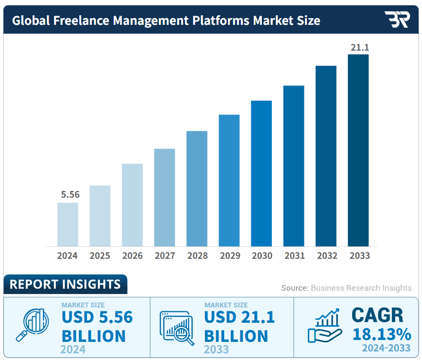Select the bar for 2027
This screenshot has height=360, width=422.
pos(164,197)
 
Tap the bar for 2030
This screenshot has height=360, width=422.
pos(261,173)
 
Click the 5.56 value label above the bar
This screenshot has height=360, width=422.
pos(70,194)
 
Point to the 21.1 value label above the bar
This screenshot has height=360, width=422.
pos(360,47)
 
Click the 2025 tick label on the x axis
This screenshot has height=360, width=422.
pos(100,256)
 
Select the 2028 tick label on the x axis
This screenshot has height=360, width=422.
pos(197,256)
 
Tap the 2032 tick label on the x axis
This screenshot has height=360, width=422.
pos(327,256)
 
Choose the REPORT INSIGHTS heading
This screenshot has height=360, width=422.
pos(65,285)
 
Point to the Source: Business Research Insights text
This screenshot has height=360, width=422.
pos(346,288)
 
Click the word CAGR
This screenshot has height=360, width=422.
pos(377,315)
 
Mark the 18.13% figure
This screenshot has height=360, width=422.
pos(381,334)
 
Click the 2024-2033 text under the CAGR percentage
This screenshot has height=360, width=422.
pos(386,348)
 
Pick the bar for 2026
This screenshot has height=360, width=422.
pos(132,205)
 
